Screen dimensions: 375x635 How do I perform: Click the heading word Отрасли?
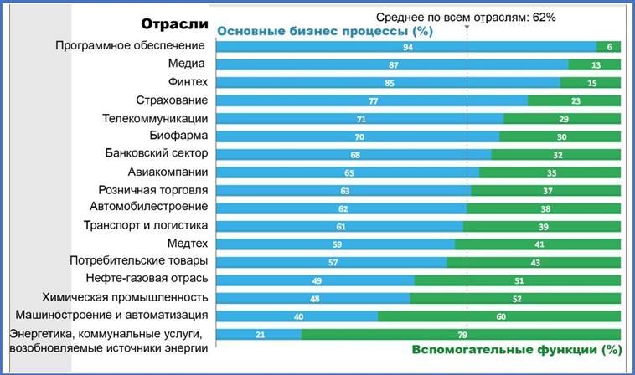coord(173,24)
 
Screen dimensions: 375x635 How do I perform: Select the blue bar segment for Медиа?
coord(392,64)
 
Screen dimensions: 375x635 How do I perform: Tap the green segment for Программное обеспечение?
coord(609,47)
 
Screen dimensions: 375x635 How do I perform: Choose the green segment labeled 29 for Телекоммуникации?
coord(562,119)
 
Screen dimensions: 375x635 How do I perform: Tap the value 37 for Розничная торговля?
coord(546,191)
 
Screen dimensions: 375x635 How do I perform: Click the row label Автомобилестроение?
coord(148,207)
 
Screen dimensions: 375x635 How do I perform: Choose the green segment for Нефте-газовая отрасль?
coord(519,280)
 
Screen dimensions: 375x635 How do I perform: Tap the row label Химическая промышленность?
coord(125,297)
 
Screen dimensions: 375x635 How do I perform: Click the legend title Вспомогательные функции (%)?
coord(516,350)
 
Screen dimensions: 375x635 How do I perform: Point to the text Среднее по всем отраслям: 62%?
coord(466,16)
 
